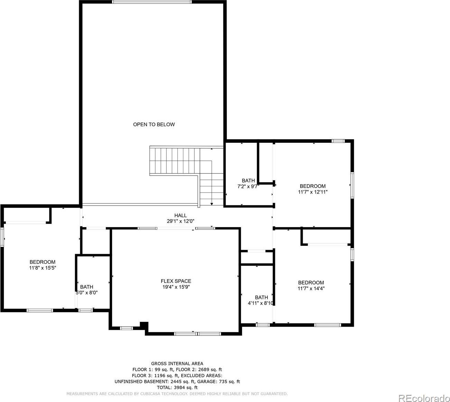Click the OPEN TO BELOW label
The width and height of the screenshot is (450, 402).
click(154, 124)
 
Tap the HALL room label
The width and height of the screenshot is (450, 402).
click(180, 215)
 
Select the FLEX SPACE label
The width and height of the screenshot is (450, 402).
click(176, 281)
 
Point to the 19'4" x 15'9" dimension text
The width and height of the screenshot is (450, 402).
click(176, 287)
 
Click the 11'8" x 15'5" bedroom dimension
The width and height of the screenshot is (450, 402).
click(43, 268)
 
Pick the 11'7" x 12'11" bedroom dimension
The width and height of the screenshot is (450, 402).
click(313, 192)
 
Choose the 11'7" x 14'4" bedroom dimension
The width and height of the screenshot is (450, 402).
click(311, 289)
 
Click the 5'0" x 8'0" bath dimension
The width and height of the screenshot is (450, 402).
click(86, 293)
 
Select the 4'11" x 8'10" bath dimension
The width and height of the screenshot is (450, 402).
click(260, 303)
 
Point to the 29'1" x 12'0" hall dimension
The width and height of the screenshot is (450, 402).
click(180, 221)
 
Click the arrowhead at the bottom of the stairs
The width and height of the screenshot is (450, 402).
click(212, 204)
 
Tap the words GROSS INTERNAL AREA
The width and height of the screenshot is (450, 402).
click(177, 364)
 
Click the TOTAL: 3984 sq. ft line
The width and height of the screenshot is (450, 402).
click(177, 387)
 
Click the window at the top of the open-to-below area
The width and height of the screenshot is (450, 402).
click(152, 2)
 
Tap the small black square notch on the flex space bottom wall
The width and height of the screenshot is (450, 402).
click(144, 325)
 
